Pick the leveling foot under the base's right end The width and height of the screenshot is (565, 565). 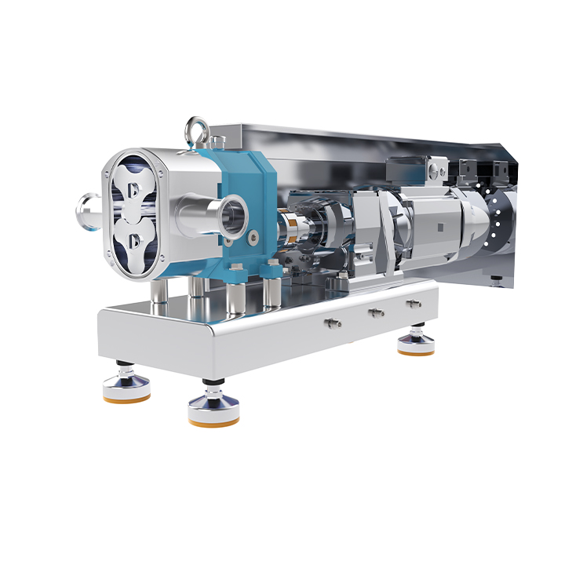point(416,344)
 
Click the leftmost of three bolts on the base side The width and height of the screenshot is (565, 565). point(333,322)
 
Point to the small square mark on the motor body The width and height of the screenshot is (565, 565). point(440,228)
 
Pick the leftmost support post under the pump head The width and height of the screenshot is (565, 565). point(159,290)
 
